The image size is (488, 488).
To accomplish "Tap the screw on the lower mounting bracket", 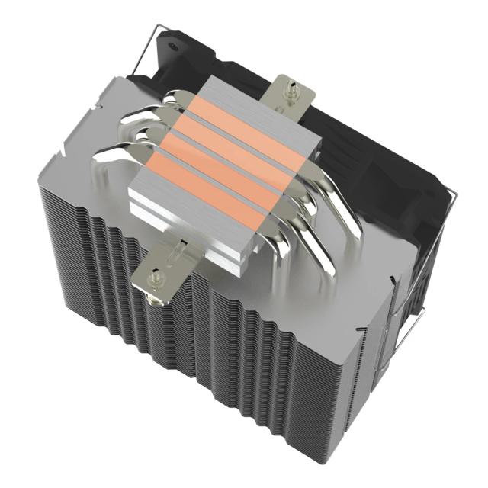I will (x=157, y=272).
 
